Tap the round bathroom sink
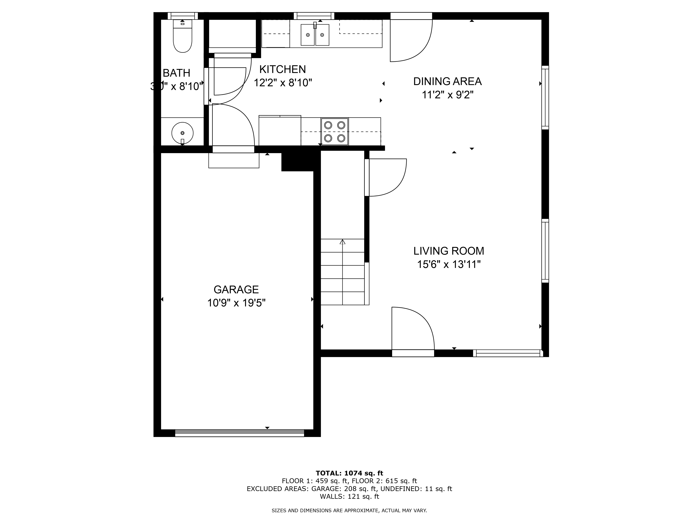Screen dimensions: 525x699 point(182,133)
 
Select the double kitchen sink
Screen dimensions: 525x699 point(315,35)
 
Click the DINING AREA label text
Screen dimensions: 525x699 point(447,81)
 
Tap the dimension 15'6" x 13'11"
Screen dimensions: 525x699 point(449,264)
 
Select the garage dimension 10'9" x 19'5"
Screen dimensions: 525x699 point(236,303)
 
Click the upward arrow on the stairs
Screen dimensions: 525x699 point(343,242)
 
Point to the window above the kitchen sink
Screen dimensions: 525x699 point(314,16)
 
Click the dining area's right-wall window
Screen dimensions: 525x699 point(545,97)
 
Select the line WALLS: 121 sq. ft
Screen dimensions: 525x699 point(349,496)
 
